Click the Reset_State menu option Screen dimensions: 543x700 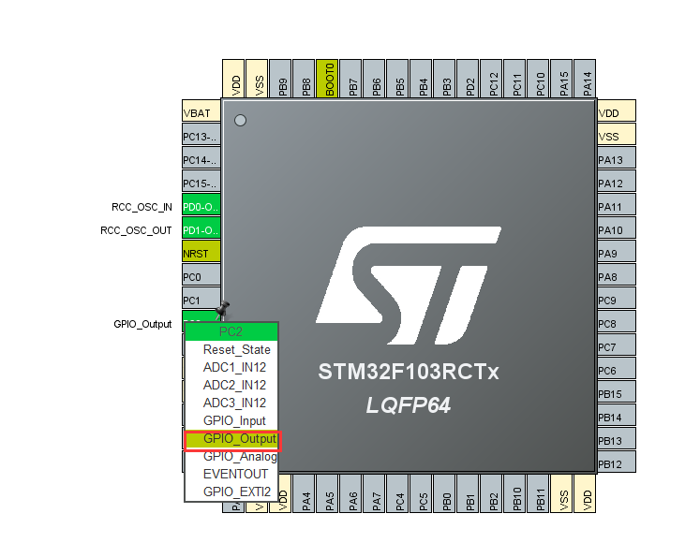(236, 350)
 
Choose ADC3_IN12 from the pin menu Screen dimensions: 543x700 (234, 404)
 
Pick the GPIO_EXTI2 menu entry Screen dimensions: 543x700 (236, 492)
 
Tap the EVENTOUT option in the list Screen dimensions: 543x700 (235, 474)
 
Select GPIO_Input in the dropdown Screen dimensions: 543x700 (234, 421)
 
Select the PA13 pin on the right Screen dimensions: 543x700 (617, 160)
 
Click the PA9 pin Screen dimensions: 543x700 (617, 254)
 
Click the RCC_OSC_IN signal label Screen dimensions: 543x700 (136, 207)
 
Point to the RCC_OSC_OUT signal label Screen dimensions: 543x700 (136, 230)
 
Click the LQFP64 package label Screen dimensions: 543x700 (408, 405)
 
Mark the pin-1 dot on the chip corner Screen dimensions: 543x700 (240, 121)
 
